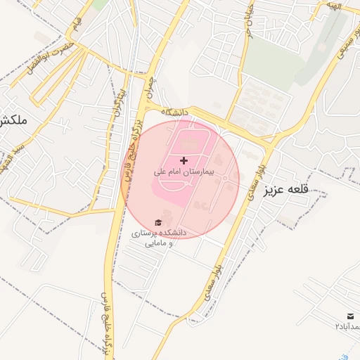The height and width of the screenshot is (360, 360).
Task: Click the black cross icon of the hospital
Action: click(184, 161)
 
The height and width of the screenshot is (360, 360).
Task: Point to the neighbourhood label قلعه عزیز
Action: click(286, 190)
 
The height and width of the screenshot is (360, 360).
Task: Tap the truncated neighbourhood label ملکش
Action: click(13, 120)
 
